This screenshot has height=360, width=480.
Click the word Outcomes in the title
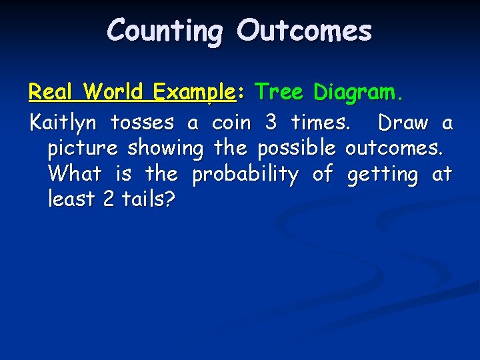304,31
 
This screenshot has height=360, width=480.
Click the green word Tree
279,92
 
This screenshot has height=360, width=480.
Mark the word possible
296,149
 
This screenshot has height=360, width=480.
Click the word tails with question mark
148,199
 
